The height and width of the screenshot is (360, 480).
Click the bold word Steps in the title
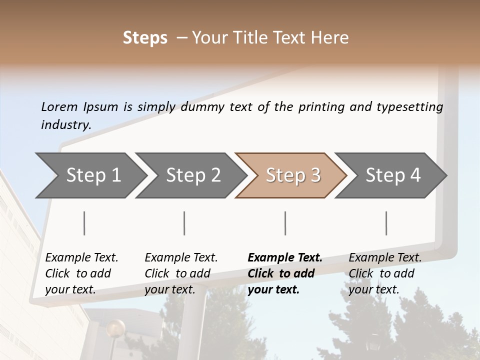145,38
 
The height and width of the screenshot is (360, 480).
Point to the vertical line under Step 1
84,223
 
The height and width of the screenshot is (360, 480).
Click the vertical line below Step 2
184,223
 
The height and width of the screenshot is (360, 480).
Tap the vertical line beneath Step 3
285,223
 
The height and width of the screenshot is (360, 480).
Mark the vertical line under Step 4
386,223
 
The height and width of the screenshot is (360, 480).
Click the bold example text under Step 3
285,273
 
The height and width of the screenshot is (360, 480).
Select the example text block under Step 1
81,273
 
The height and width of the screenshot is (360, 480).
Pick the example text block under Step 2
181,273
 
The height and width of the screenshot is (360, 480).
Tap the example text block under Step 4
385,273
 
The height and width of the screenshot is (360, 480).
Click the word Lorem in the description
59,107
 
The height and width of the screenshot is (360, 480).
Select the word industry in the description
65,125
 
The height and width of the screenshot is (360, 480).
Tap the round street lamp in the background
116,328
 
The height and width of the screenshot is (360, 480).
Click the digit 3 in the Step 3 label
315,175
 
